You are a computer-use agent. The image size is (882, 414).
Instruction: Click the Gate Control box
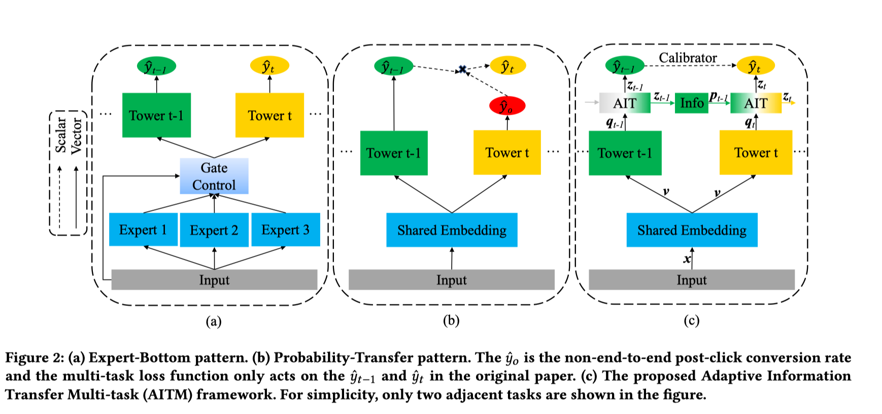[x=214, y=176]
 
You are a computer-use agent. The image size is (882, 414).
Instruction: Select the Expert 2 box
[x=214, y=230]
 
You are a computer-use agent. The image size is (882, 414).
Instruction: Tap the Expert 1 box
[x=143, y=229]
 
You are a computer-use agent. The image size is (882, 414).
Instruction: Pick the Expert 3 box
[x=285, y=229]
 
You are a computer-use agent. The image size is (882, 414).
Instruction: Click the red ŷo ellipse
[x=507, y=106]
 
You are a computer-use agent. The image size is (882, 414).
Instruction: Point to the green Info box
[x=691, y=103]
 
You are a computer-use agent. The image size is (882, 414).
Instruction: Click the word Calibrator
[x=688, y=58]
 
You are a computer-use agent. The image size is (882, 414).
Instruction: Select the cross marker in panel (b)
[x=462, y=70]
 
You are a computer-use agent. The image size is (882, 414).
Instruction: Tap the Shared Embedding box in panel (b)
[x=452, y=230]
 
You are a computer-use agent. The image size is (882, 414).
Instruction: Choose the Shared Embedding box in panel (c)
[x=692, y=230]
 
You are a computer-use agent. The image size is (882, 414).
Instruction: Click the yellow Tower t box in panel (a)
[x=269, y=115]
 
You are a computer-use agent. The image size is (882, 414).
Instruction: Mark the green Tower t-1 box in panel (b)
[x=394, y=153]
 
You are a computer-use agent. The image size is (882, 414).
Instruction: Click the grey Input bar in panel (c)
[x=691, y=280]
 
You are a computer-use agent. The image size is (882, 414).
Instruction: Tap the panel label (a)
[x=213, y=321]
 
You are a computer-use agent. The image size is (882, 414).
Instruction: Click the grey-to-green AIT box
[x=625, y=103]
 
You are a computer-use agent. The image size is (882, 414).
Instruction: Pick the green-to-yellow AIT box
[x=756, y=103]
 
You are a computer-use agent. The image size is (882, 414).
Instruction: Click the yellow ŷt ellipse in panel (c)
[x=755, y=66]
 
